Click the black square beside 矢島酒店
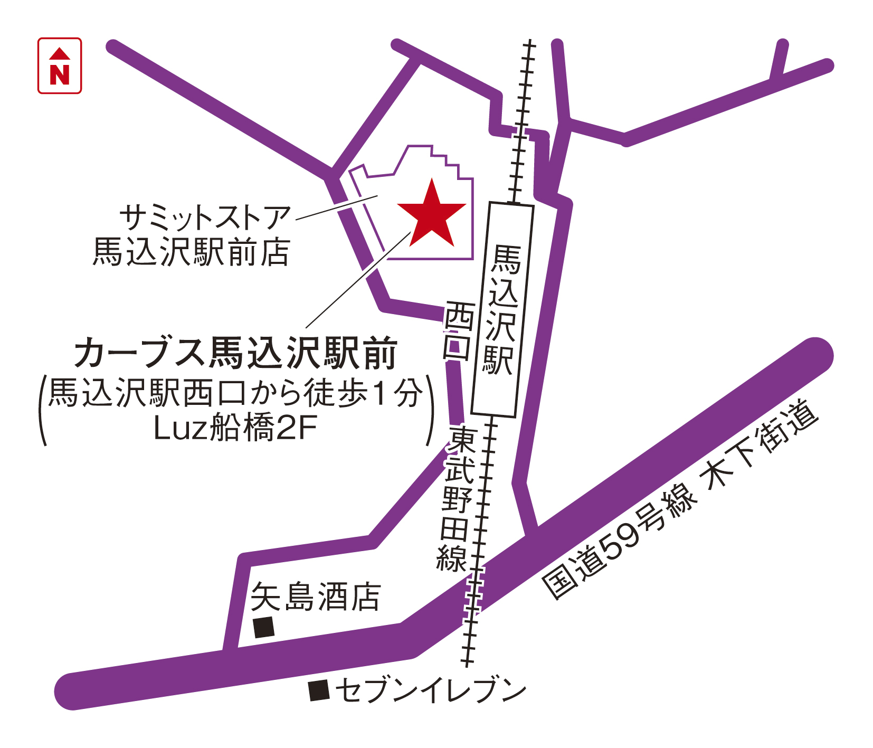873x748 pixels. coord(264,627)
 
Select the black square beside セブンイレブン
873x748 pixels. coord(319,690)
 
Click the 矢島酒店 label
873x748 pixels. coord(316,597)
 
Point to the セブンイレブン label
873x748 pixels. coord(431,690)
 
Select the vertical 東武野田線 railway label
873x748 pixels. coord(457,499)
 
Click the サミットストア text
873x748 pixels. coord(205,217)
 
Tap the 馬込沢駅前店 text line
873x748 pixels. coord(191,252)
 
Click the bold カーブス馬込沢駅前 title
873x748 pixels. coord(235,353)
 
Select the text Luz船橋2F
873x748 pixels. coord(235,428)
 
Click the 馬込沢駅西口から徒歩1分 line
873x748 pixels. coord(236,393)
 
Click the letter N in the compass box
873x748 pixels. coord(60,74)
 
